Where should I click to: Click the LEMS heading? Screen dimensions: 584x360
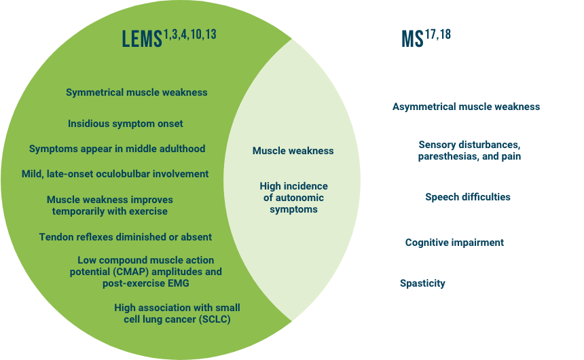[142, 39]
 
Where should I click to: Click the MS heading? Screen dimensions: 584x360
[412, 39]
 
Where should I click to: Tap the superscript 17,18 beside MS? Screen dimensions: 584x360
[438, 34]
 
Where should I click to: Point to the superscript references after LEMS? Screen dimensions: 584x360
[190, 34]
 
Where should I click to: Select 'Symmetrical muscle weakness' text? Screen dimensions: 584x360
[136, 92]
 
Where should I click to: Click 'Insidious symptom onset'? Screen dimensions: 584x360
[126, 124]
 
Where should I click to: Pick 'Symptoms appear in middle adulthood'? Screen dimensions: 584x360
[117, 149]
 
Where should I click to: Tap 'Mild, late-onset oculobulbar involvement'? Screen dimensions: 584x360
[115, 174]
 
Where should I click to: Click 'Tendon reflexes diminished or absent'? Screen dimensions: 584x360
[126, 237]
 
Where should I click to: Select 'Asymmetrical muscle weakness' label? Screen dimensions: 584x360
[467, 107]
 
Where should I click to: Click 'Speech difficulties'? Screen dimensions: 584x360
[468, 197]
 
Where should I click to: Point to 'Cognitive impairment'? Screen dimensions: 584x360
[454, 242]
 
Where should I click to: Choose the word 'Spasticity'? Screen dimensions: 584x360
[423, 283]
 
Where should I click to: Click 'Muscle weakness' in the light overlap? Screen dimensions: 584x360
[293, 151]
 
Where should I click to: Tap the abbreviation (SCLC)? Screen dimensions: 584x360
[215, 319]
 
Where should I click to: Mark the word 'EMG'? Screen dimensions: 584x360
[179, 283]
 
